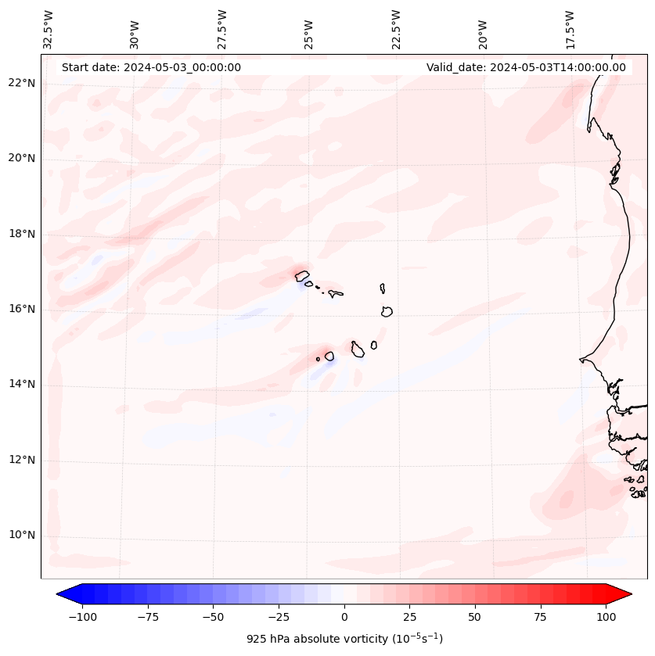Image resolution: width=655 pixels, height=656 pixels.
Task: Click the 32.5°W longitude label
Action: (48, 29)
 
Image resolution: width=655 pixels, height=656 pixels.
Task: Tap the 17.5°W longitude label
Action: (570, 29)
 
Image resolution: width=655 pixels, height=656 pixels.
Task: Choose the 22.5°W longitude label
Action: (396, 29)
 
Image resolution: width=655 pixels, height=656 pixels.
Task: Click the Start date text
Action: (151, 67)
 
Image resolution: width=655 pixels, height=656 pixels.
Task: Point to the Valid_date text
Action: (526, 67)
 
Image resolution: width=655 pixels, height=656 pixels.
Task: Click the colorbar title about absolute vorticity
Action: (344, 639)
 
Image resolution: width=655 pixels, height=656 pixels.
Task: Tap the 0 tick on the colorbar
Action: (344, 617)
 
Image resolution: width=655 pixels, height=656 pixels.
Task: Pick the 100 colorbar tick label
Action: (606, 617)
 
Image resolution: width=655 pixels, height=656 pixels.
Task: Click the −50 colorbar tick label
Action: (213, 617)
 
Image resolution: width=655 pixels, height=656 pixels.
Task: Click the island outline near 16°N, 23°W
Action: (387, 311)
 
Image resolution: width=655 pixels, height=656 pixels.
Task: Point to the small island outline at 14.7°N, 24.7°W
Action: (318, 359)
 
